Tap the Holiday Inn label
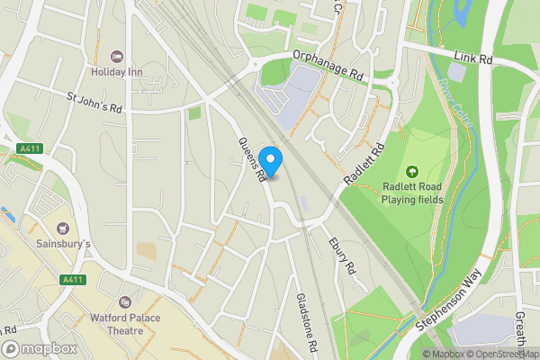tap(116, 71)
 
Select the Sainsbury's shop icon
tap(62, 229)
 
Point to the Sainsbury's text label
tap(62, 244)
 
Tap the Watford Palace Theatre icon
tap(125, 303)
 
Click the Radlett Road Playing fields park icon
tap(413, 171)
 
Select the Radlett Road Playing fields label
tap(414, 193)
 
